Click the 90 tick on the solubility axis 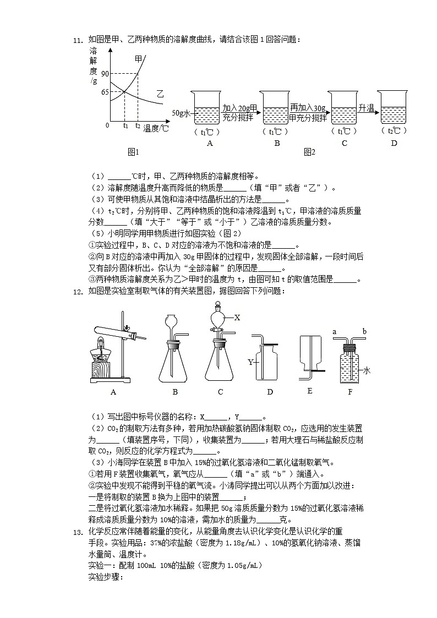105,73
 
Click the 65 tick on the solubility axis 105,91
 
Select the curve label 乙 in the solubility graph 160,94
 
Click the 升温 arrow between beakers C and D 367,108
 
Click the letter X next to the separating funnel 237,318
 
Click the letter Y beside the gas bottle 250,362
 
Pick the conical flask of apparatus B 175,363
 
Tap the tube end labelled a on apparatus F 335,332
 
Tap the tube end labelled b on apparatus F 364,332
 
